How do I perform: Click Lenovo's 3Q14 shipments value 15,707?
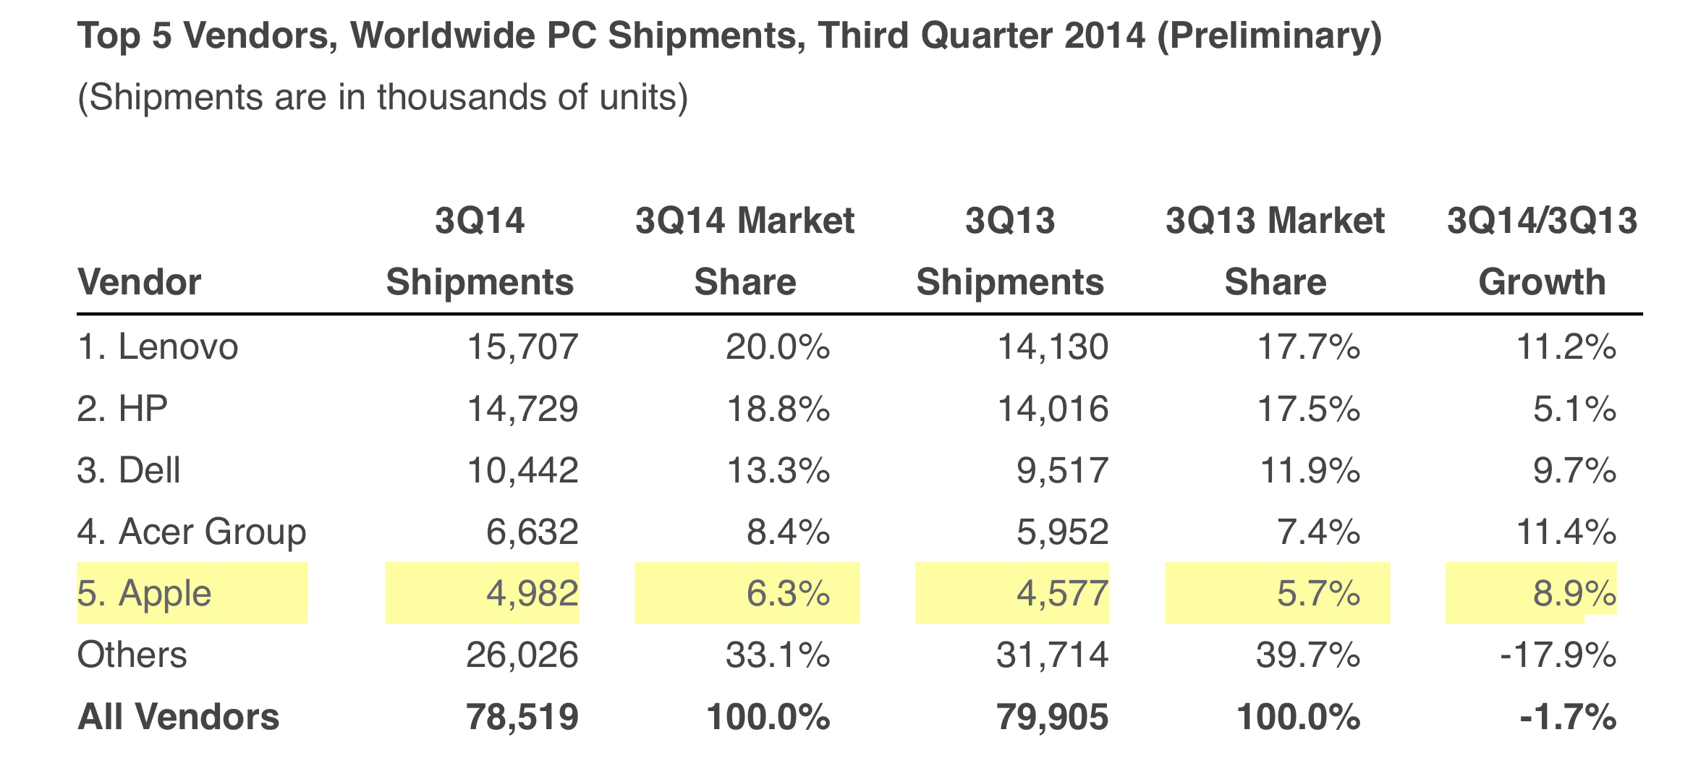click(522, 347)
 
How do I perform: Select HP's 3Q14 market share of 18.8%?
click(778, 409)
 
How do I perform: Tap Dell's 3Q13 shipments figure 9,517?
click(1062, 471)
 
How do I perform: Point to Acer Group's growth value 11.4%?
click(1566, 532)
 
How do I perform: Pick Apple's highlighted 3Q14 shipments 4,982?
click(532, 594)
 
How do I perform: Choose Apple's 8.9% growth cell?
click(1574, 594)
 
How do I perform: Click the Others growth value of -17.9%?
click(1558, 655)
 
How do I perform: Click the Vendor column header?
click(139, 282)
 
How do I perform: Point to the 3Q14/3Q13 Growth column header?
click(1542, 251)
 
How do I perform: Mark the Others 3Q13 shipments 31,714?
click(1052, 655)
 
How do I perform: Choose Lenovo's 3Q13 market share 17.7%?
click(1309, 347)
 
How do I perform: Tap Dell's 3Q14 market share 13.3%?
click(778, 471)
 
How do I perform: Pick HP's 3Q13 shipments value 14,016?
click(1053, 409)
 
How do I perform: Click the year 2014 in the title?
click(1105, 36)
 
